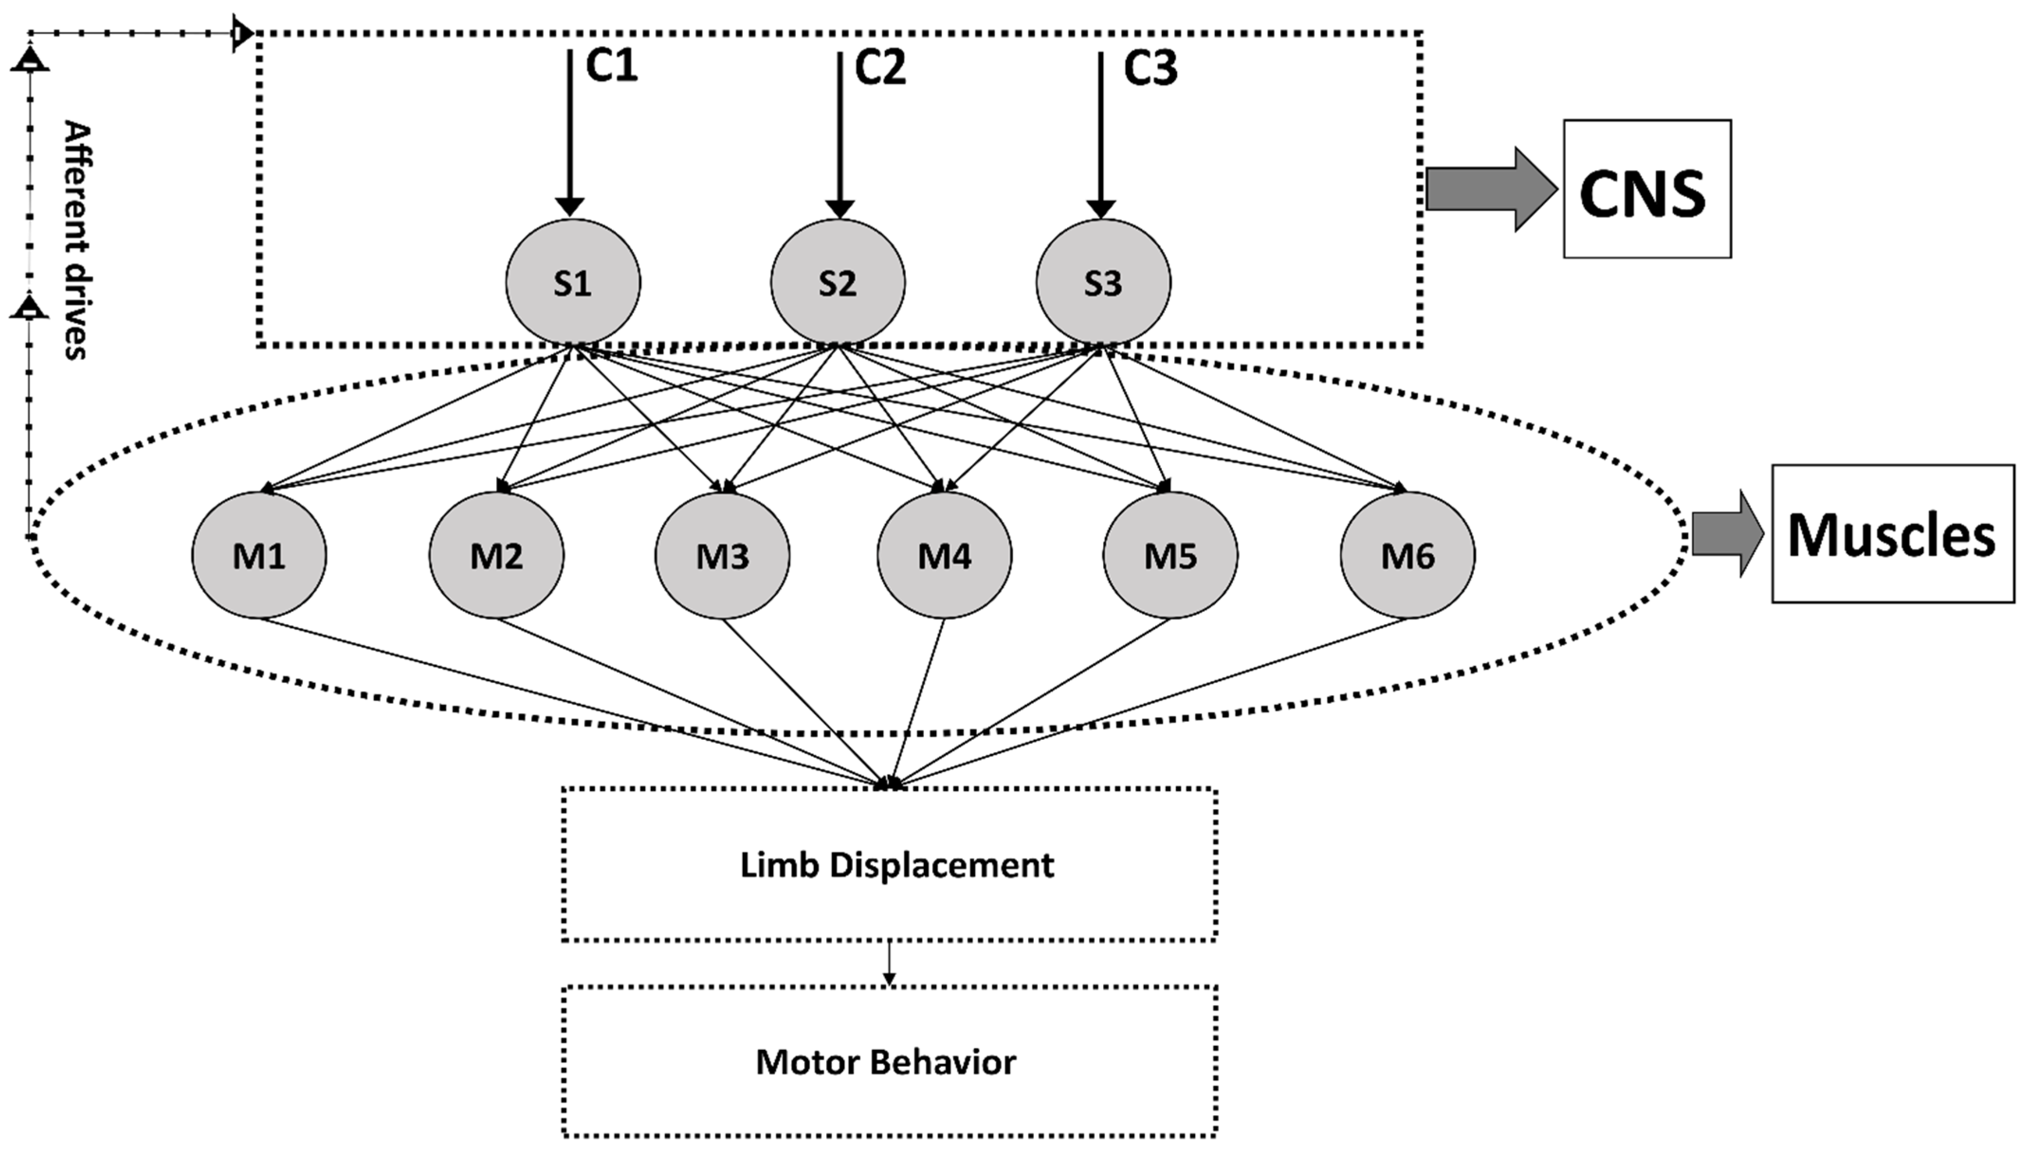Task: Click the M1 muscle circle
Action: point(259,555)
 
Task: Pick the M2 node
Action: point(496,555)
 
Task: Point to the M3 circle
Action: point(722,555)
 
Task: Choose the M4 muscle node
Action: point(944,555)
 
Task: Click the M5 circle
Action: point(1170,555)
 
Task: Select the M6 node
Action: point(1408,555)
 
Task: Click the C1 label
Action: point(612,67)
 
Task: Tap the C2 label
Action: point(881,67)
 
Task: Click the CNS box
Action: point(1647,190)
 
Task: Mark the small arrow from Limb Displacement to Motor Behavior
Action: point(889,964)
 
